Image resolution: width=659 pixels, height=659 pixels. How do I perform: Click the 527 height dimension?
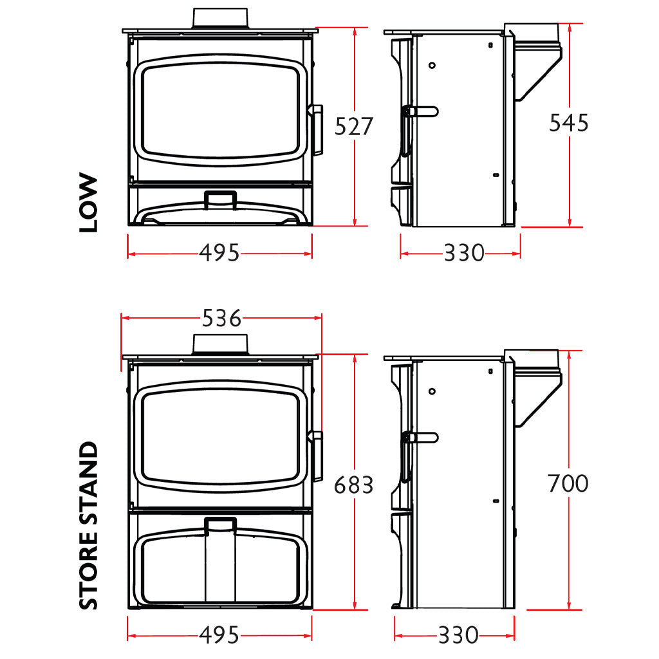point(353,127)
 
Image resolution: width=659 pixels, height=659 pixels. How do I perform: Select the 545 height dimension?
point(569,123)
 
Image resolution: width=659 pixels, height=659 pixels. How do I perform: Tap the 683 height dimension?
point(353,485)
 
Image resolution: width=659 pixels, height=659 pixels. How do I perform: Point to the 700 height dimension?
point(568,483)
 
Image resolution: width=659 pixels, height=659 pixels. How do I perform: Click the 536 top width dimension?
point(221,318)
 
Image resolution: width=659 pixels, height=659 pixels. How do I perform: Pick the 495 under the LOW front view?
point(219,253)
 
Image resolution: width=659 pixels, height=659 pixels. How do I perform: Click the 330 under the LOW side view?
point(464,253)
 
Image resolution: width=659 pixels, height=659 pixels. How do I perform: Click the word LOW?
point(88,202)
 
